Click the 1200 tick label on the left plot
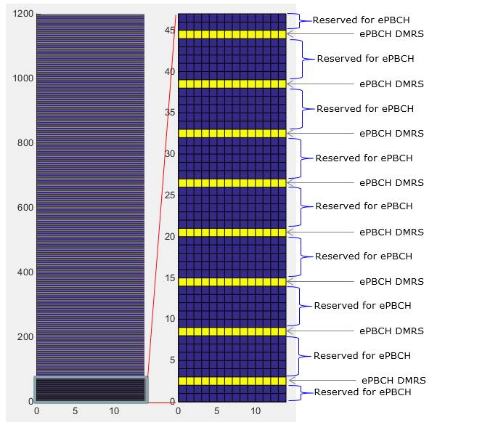click(x=23, y=14)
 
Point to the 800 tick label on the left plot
click(x=25, y=143)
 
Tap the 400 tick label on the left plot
click(x=25, y=272)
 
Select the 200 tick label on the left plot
click(x=25, y=337)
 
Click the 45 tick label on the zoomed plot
click(x=170, y=31)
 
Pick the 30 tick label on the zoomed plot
click(x=170, y=154)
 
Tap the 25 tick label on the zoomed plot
click(x=170, y=195)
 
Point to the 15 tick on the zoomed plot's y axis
click(x=170, y=278)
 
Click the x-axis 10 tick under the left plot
click(x=114, y=411)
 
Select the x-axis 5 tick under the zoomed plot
click(x=216, y=411)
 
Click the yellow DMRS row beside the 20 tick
click(x=232, y=232)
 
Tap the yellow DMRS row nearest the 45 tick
click(x=232, y=34)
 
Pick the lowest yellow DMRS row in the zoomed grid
click(x=232, y=381)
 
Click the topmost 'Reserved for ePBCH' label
click(x=361, y=20)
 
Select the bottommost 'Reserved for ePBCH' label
click(x=363, y=392)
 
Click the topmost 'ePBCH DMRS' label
click(x=391, y=34)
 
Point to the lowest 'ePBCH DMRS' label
click(x=393, y=381)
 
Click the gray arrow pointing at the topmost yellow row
click(x=320, y=33)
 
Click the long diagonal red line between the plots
click(x=161, y=209)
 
